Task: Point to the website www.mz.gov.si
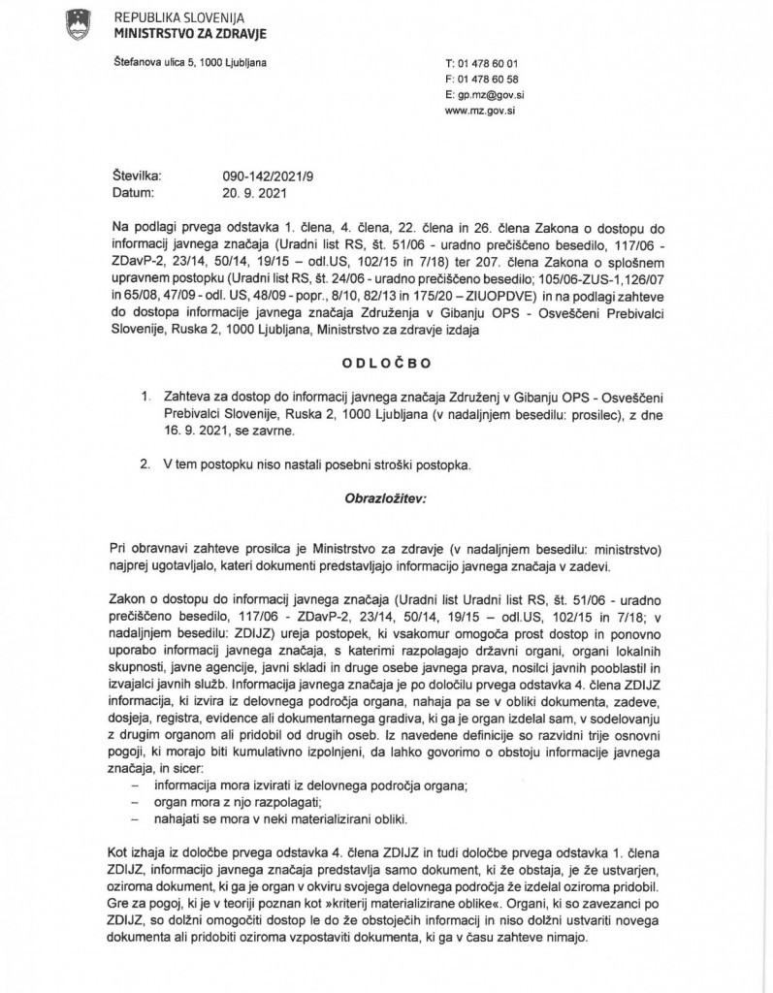[x=479, y=112]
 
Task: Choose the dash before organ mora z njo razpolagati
[x=134, y=803]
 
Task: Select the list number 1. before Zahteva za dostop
[x=146, y=397]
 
